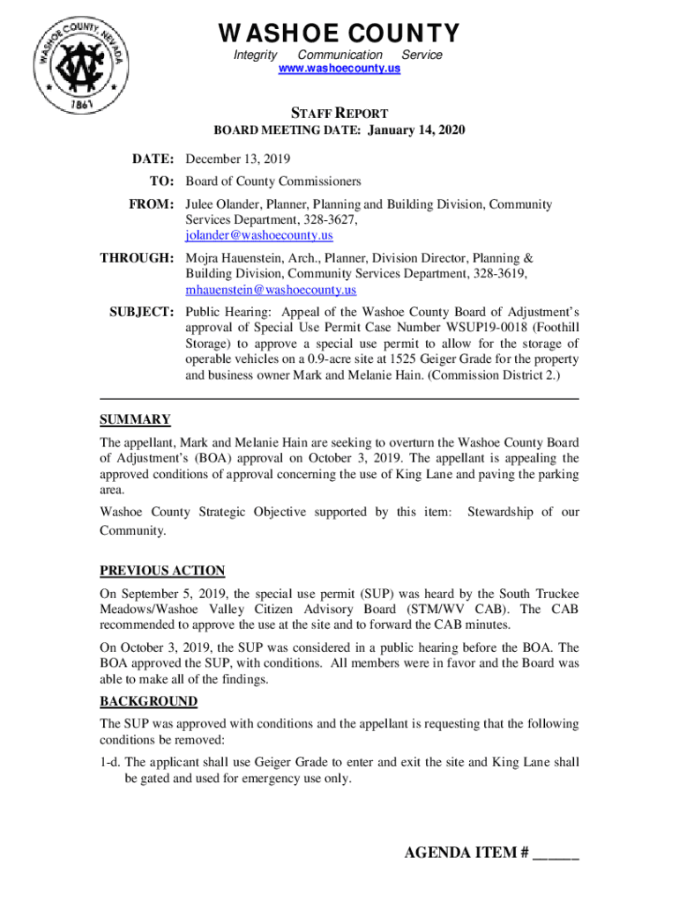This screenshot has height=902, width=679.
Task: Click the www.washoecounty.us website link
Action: pos(339,68)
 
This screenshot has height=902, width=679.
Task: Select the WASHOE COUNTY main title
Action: pos(339,33)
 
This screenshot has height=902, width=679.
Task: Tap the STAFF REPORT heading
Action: pos(339,113)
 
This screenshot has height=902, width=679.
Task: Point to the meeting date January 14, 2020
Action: pos(415,130)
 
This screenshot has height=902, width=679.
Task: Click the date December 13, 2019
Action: pos(237,159)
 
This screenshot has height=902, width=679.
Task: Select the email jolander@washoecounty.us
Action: pos(258,236)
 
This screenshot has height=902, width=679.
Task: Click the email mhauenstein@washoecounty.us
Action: pos(271,290)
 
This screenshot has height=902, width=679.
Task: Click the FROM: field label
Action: pos(153,204)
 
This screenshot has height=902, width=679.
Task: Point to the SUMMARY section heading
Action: pos(135,419)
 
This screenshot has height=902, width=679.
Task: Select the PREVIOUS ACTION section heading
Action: pos(161,571)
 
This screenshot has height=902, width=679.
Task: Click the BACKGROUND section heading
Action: pos(148,702)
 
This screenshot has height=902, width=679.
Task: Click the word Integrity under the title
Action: pos(255,55)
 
